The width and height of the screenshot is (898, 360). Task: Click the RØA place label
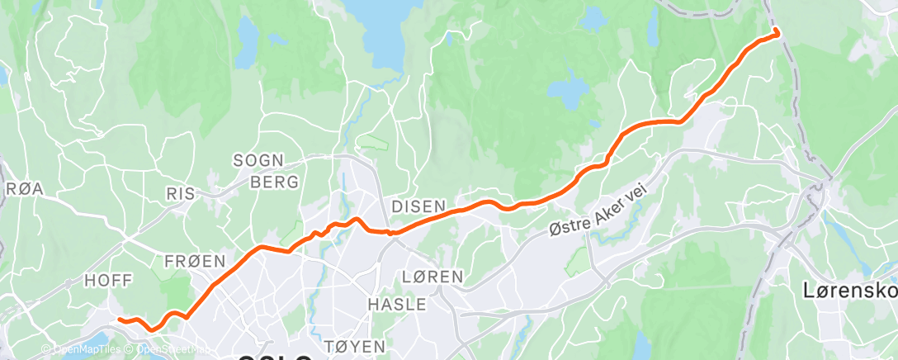click(x=24, y=189)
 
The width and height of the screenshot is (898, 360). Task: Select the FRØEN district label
click(x=195, y=261)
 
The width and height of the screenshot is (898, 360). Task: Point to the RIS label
click(x=181, y=193)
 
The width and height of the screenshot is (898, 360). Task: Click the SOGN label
click(x=258, y=160)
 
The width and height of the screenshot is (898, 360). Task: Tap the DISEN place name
click(x=418, y=206)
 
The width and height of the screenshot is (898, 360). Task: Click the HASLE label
click(x=396, y=305)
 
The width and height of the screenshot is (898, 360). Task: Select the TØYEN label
click(x=356, y=346)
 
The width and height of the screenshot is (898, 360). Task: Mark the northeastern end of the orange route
click(x=776, y=33)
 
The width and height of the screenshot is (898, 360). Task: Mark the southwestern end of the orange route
click(x=120, y=319)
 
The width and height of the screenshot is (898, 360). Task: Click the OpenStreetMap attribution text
click(x=168, y=350)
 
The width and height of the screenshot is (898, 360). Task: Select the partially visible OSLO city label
click(x=276, y=358)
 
